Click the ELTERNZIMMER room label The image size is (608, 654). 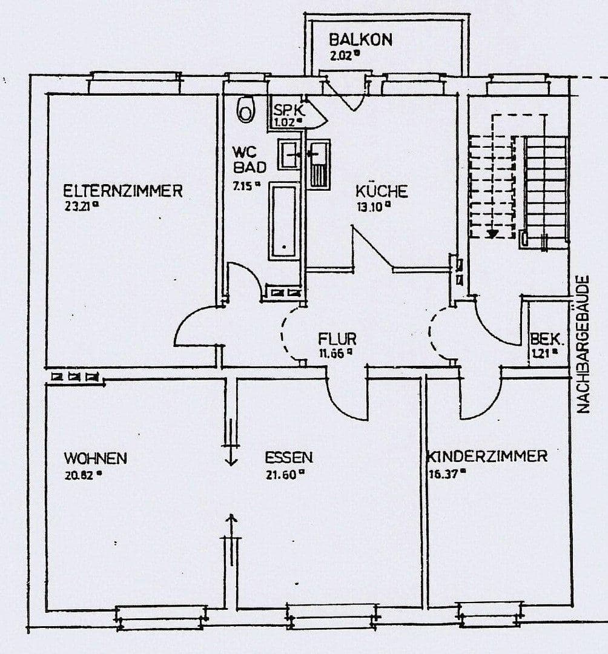pos(123,191)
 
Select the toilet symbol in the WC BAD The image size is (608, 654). pos(246,109)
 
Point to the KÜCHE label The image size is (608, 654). pos(381,191)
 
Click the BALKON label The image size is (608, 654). pos(360,40)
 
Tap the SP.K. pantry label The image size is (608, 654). pos(288,111)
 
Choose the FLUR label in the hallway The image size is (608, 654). pos(337,339)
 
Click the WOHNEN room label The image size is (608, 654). pos(96,458)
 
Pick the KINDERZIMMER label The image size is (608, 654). pos(487,456)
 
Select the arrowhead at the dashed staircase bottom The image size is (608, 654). pos(494,233)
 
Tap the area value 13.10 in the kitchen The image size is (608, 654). pos(371,206)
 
